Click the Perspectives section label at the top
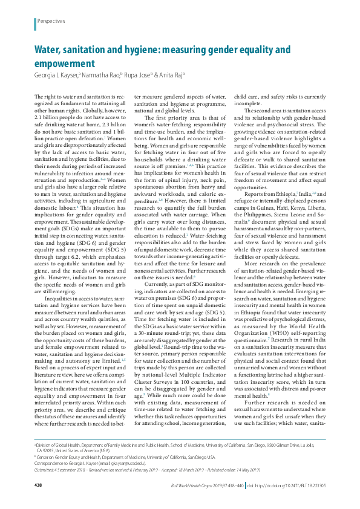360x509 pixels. [51, 21]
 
